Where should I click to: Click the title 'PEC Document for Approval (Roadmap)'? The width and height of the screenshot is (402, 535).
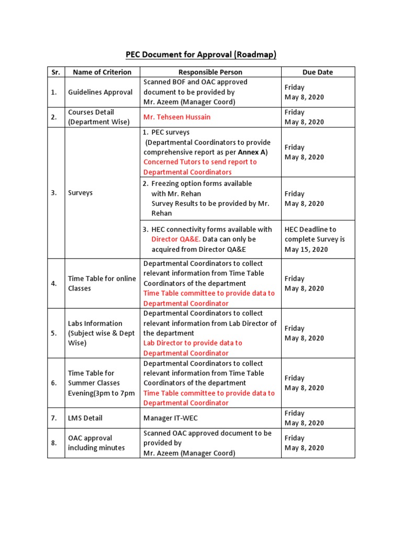point(200,54)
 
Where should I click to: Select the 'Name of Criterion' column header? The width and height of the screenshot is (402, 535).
point(101,72)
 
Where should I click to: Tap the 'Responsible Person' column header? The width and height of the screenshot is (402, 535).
point(210,72)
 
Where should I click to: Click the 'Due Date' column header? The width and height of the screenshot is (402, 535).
point(317,72)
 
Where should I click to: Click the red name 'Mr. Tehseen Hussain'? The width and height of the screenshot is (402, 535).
point(177,117)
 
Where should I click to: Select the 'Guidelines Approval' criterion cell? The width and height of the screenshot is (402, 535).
point(100,92)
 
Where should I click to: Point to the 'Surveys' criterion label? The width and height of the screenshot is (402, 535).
point(80,193)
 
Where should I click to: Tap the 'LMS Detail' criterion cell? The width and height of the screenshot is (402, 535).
point(85,418)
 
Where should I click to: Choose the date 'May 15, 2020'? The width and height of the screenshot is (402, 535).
point(306,249)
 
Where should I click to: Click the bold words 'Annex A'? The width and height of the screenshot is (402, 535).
point(252,152)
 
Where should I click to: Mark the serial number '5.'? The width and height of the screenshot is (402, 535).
point(54,333)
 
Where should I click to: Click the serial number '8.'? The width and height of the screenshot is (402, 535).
point(54,443)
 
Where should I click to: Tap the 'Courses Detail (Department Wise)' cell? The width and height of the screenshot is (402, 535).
point(98,117)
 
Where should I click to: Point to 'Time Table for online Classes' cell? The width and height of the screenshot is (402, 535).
point(102,283)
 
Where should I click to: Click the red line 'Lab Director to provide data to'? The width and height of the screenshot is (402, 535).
point(193,343)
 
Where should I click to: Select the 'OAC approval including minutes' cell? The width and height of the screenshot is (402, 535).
point(96,443)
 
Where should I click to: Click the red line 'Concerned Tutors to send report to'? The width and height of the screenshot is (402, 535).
point(200,162)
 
